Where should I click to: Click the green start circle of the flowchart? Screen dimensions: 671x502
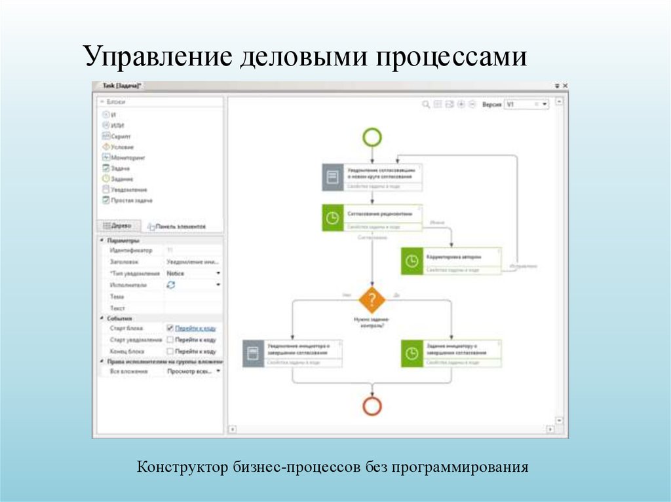[x=372, y=137]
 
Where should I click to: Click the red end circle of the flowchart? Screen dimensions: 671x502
[x=372, y=406]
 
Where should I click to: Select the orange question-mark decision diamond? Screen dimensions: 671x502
[x=372, y=300]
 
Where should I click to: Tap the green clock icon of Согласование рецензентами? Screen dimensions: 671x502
[x=333, y=218]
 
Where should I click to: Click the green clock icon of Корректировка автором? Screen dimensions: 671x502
[x=412, y=260]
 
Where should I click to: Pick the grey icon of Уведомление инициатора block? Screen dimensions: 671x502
[x=253, y=353]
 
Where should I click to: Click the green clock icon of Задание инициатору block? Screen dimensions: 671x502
[x=412, y=353]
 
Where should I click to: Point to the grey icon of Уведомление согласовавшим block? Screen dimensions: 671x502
[x=333, y=177]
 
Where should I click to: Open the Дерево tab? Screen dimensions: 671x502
[x=117, y=226]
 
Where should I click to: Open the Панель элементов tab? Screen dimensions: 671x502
[x=176, y=226]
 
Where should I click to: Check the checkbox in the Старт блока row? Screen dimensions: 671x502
[x=170, y=328]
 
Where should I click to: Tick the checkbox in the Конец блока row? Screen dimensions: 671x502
[x=170, y=351]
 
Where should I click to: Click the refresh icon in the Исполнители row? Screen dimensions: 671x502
[x=171, y=285]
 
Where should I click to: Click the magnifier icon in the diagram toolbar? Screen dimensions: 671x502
[x=425, y=104]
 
